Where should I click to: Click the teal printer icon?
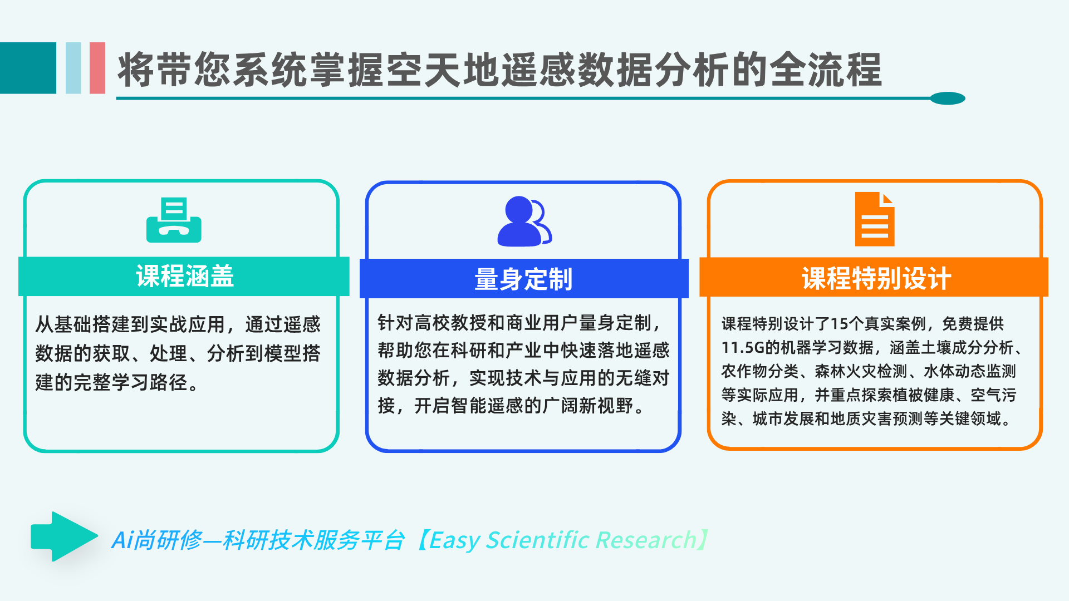tap(174, 220)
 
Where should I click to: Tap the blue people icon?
tap(524, 221)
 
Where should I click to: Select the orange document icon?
tap(875, 219)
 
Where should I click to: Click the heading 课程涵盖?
tap(185, 276)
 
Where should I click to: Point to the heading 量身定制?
tap(523, 279)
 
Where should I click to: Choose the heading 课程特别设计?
tap(876, 278)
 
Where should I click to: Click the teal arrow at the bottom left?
tap(65, 536)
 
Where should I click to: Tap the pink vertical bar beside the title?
tap(97, 68)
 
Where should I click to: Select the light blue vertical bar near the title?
tap(73, 68)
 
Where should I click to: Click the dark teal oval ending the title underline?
tap(948, 98)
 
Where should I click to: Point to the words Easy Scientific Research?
tap(562, 540)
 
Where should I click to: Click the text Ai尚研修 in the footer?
tap(156, 540)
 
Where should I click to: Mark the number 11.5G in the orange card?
tap(743, 348)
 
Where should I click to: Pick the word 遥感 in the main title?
tap(538, 70)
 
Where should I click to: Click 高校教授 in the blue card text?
tap(450, 323)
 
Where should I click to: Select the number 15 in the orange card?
tap(838, 324)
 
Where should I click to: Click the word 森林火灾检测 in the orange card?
tap(861, 371)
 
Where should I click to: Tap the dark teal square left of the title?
tap(28, 68)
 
